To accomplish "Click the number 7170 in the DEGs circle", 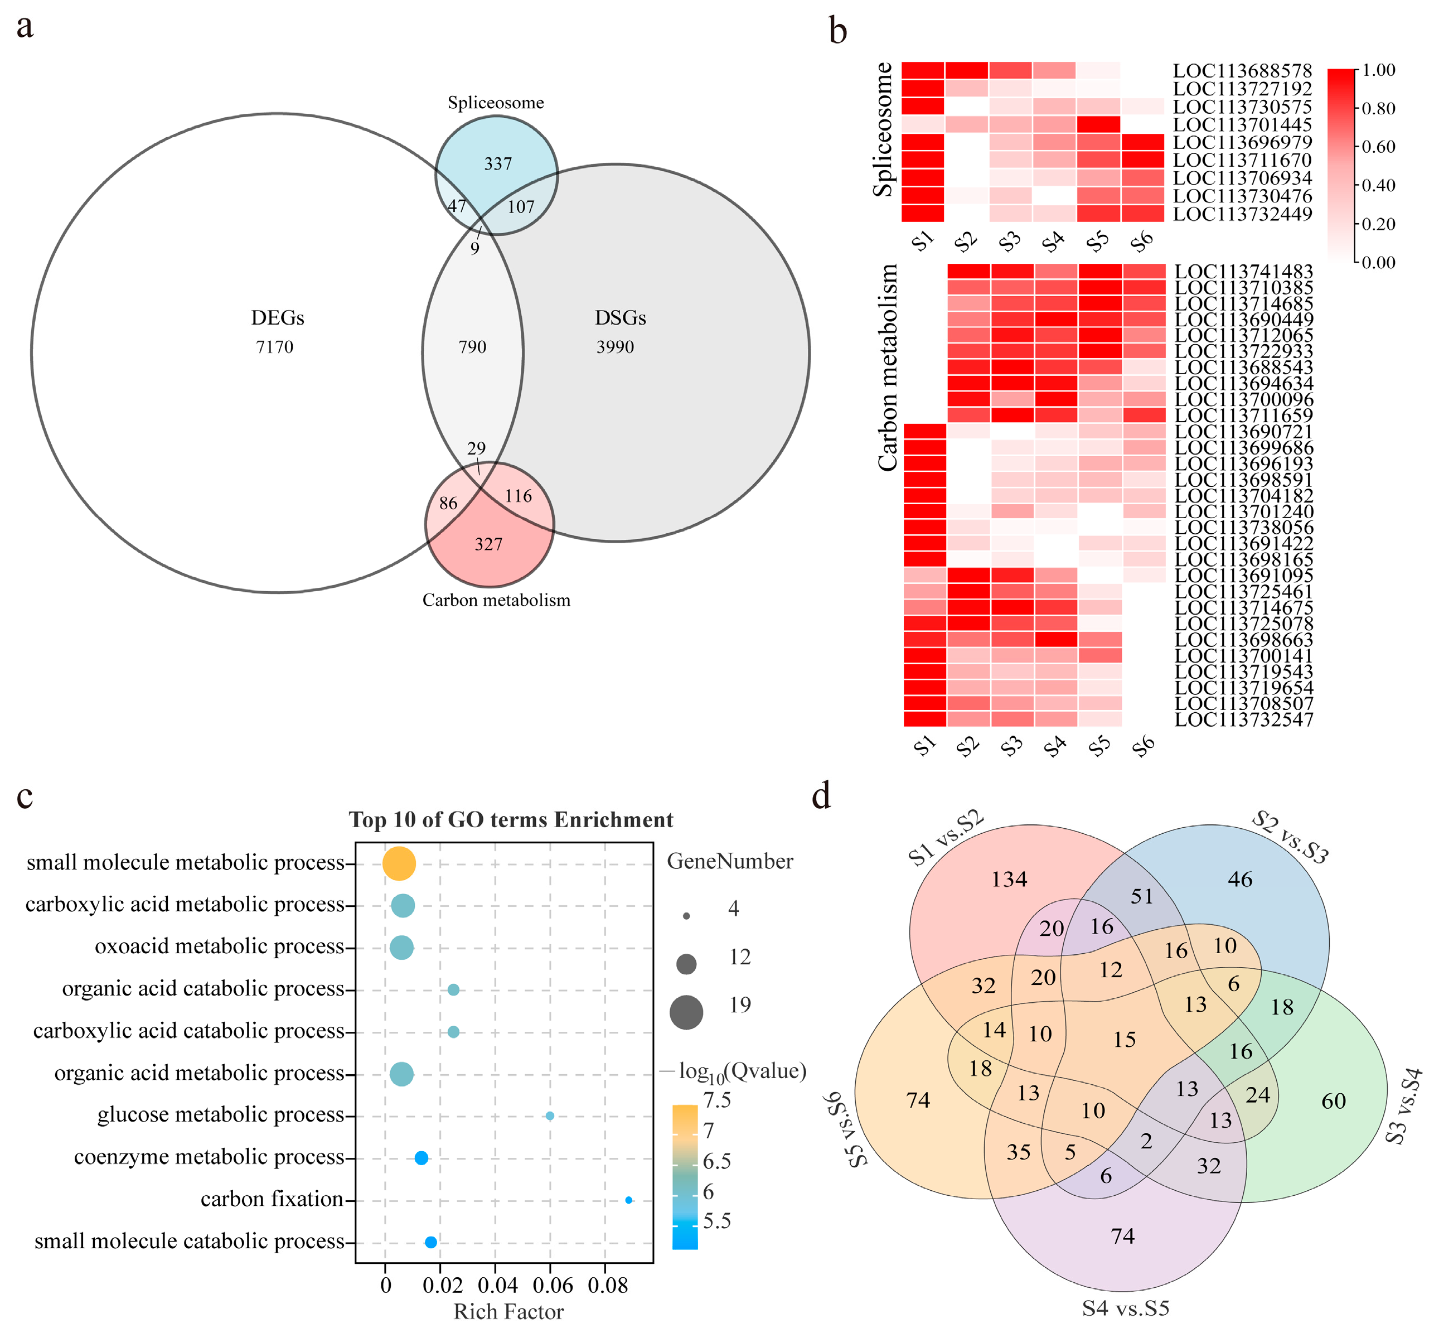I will (x=275, y=347).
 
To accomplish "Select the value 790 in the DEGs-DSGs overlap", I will (x=472, y=347).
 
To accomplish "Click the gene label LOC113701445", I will (x=1242, y=125).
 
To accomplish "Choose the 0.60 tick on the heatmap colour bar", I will (x=1378, y=147).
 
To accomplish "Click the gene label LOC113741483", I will (x=1243, y=272).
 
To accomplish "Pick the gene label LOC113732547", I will (x=1243, y=719).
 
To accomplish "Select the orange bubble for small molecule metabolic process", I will (x=399, y=863).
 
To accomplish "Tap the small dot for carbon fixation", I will (x=629, y=1200).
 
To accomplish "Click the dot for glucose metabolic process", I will (x=550, y=1116).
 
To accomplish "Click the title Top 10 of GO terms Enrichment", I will (x=511, y=820).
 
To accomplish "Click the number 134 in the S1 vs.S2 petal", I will (x=1009, y=880).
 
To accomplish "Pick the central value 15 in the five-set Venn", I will (x=1124, y=1040).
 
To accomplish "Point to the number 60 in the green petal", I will (x=1333, y=1101).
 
